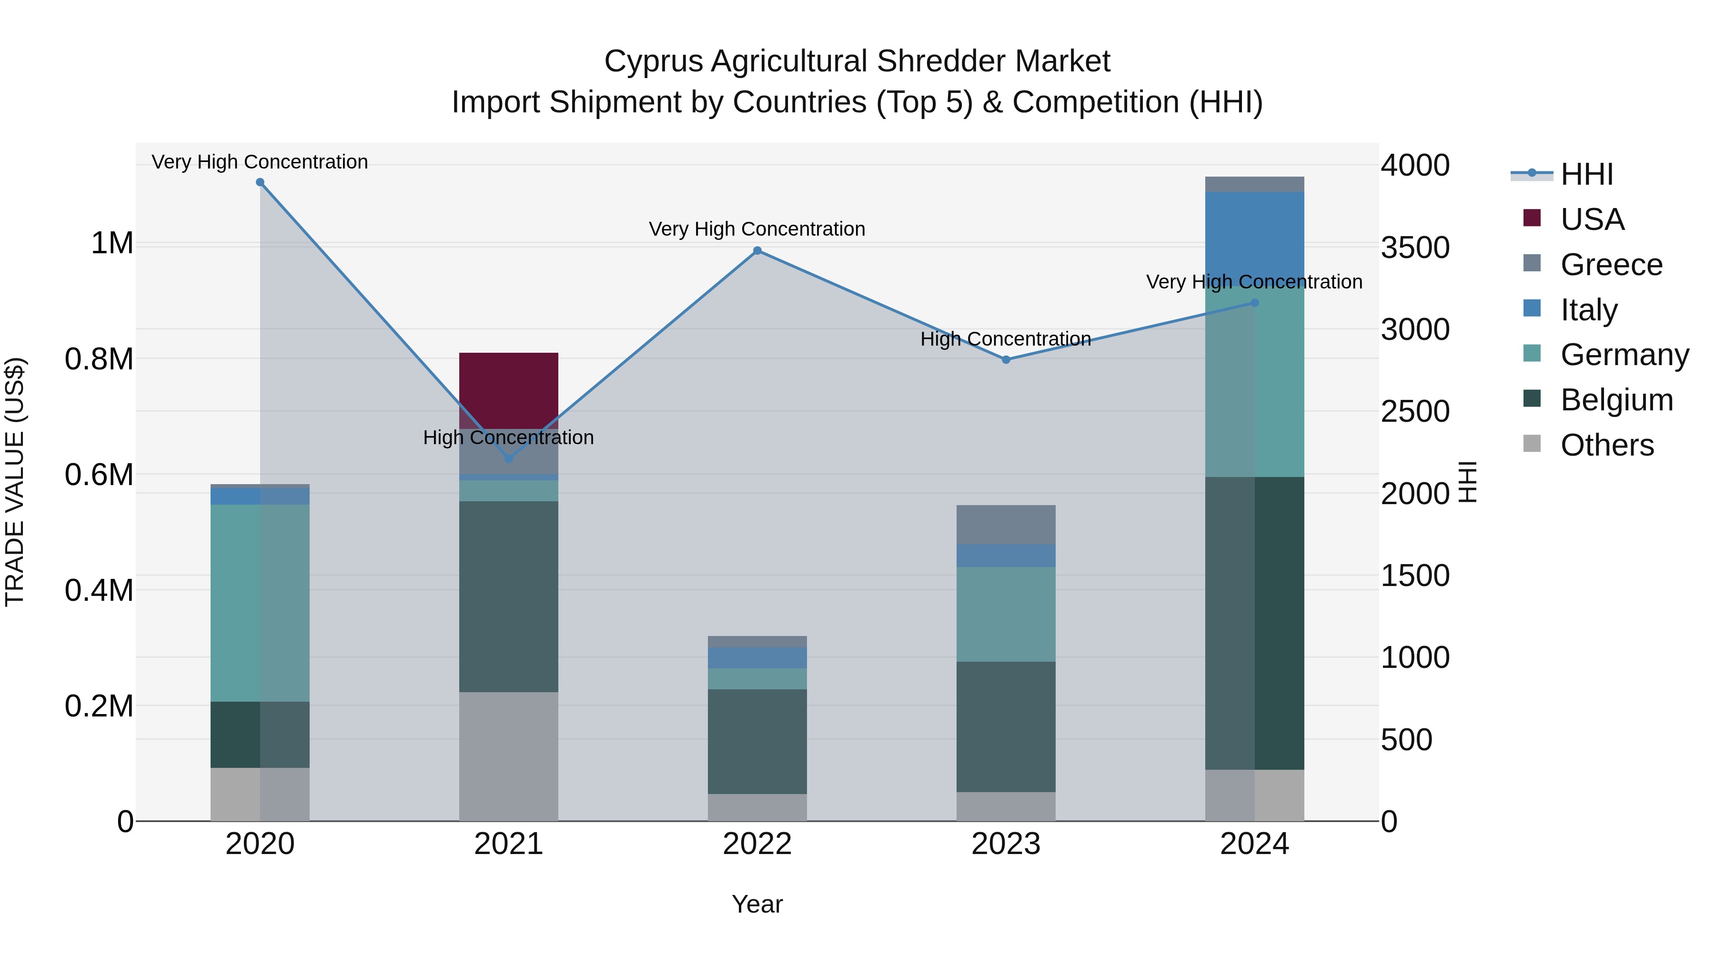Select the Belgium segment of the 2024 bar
coord(1254,623)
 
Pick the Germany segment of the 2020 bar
coord(260,602)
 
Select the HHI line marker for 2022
coord(757,251)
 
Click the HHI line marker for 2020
coord(260,182)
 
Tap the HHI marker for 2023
coord(1006,359)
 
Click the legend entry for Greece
coord(1611,265)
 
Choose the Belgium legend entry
coord(1616,400)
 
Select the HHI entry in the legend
coord(1586,174)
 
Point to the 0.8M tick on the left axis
coord(99,359)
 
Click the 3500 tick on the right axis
coord(1415,248)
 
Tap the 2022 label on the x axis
coord(757,844)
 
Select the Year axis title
coord(757,904)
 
